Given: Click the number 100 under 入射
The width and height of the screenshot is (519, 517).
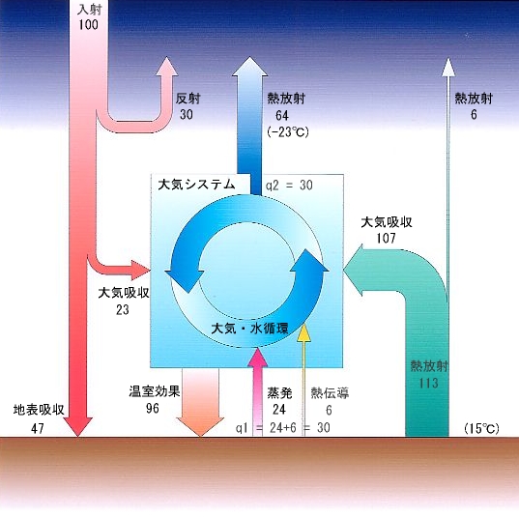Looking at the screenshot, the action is click(x=88, y=24).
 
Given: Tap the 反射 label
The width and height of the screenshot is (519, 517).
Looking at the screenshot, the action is click(x=188, y=99).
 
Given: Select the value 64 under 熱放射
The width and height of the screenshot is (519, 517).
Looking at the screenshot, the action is click(x=282, y=116).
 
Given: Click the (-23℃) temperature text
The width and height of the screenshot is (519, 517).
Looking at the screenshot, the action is click(x=288, y=132).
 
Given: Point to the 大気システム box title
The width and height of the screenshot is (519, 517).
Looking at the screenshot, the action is click(x=196, y=185).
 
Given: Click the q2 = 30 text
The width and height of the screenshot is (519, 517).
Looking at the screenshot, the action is click(x=289, y=185).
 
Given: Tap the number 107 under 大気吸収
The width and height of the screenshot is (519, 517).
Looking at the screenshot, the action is click(x=386, y=238).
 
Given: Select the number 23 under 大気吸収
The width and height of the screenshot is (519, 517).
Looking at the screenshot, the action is click(x=123, y=309).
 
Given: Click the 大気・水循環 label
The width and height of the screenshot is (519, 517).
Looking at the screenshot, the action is click(x=249, y=329).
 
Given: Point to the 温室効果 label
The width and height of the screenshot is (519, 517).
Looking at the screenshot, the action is click(x=155, y=391).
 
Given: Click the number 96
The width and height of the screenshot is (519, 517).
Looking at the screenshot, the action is click(x=153, y=408).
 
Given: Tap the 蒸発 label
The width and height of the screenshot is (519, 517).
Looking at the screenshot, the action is click(x=279, y=393).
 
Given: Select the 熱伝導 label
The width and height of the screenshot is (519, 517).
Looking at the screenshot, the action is click(x=330, y=393).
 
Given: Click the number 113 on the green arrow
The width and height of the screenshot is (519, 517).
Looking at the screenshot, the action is click(x=429, y=383).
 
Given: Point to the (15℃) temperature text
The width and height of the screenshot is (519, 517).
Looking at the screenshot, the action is click(x=481, y=429).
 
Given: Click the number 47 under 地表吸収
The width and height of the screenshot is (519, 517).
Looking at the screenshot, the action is click(x=38, y=428).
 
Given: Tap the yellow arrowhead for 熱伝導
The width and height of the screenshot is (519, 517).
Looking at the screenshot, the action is click(x=303, y=333).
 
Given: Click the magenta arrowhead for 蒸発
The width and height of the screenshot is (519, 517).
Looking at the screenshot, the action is click(x=258, y=357).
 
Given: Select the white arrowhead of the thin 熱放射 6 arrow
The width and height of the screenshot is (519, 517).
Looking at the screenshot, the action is click(x=448, y=68).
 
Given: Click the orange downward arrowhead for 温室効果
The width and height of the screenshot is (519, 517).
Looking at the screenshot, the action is click(x=200, y=426).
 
